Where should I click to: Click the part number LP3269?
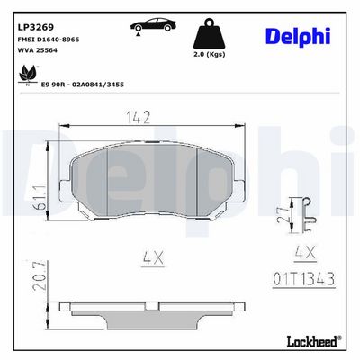[x=36, y=27]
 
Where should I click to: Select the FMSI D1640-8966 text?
[x=49, y=40]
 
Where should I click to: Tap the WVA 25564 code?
[x=38, y=50]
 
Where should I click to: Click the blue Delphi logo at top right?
[x=298, y=37]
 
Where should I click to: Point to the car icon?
[x=153, y=25]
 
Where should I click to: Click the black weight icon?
[x=209, y=34]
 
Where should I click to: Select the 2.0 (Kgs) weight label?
[x=209, y=55]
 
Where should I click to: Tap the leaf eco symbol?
[x=28, y=74]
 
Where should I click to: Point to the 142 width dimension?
[x=138, y=117]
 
